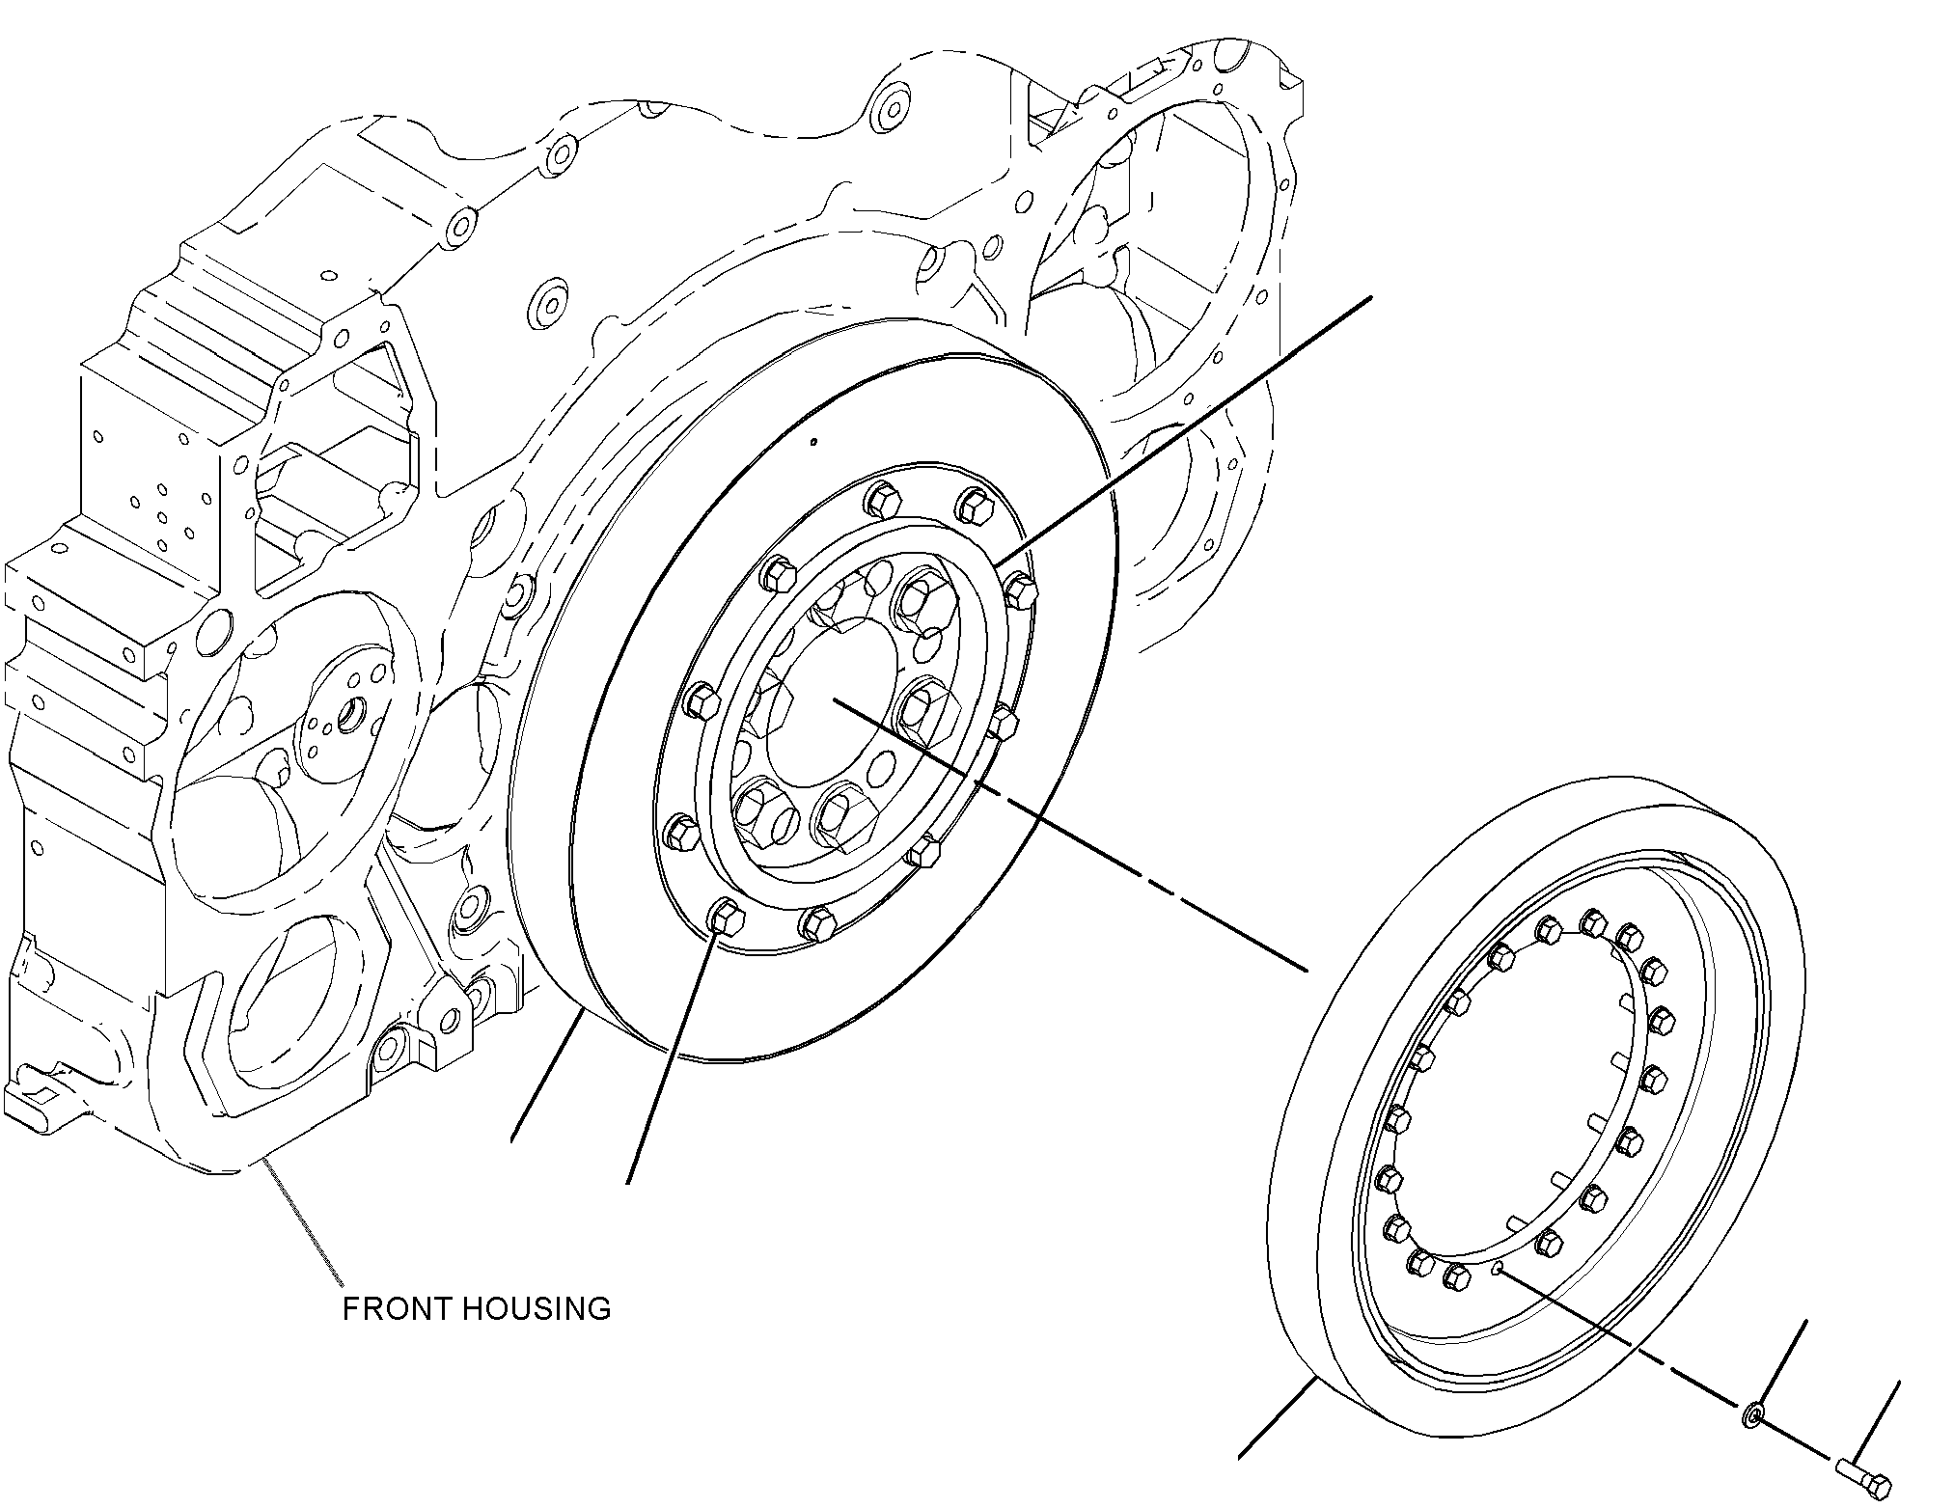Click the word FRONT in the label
click(x=396, y=1309)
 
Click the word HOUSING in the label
click(x=535, y=1309)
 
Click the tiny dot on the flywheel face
click(x=814, y=443)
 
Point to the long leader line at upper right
click(x=1182, y=431)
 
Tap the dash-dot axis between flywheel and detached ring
click(x=1067, y=835)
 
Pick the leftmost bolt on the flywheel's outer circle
click(x=681, y=831)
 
